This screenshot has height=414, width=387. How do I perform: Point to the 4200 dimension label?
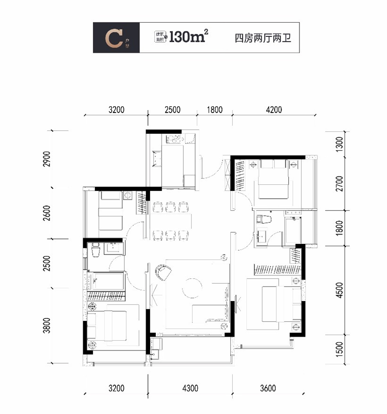(x=273, y=110)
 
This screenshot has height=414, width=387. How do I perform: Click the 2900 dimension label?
(x=47, y=160)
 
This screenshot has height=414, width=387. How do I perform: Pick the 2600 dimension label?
(x=47, y=213)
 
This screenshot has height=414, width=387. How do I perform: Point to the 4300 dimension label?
(x=190, y=388)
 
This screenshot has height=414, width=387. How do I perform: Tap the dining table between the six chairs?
(x=169, y=221)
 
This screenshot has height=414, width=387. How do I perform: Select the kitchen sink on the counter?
(x=156, y=158)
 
